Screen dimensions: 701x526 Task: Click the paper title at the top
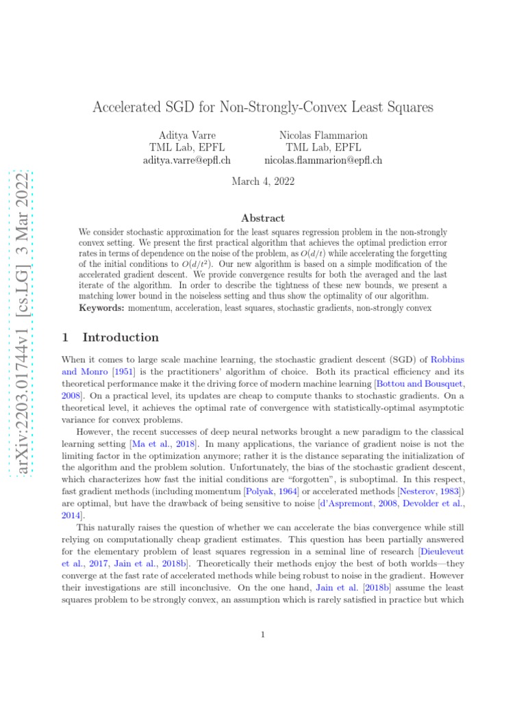(x=263, y=107)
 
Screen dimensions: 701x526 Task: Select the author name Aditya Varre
(x=187, y=135)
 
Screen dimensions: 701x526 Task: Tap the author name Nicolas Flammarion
(x=323, y=135)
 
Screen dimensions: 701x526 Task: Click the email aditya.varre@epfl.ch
(x=186, y=160)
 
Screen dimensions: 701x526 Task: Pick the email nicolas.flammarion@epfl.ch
(x=323, y=160)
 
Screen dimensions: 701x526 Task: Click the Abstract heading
(x=263, y=218)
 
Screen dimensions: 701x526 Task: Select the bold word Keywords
(x=101, y=308)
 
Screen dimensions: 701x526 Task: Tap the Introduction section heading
(x=120, y=337)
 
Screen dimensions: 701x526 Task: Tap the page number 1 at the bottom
(x=263, y=635)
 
